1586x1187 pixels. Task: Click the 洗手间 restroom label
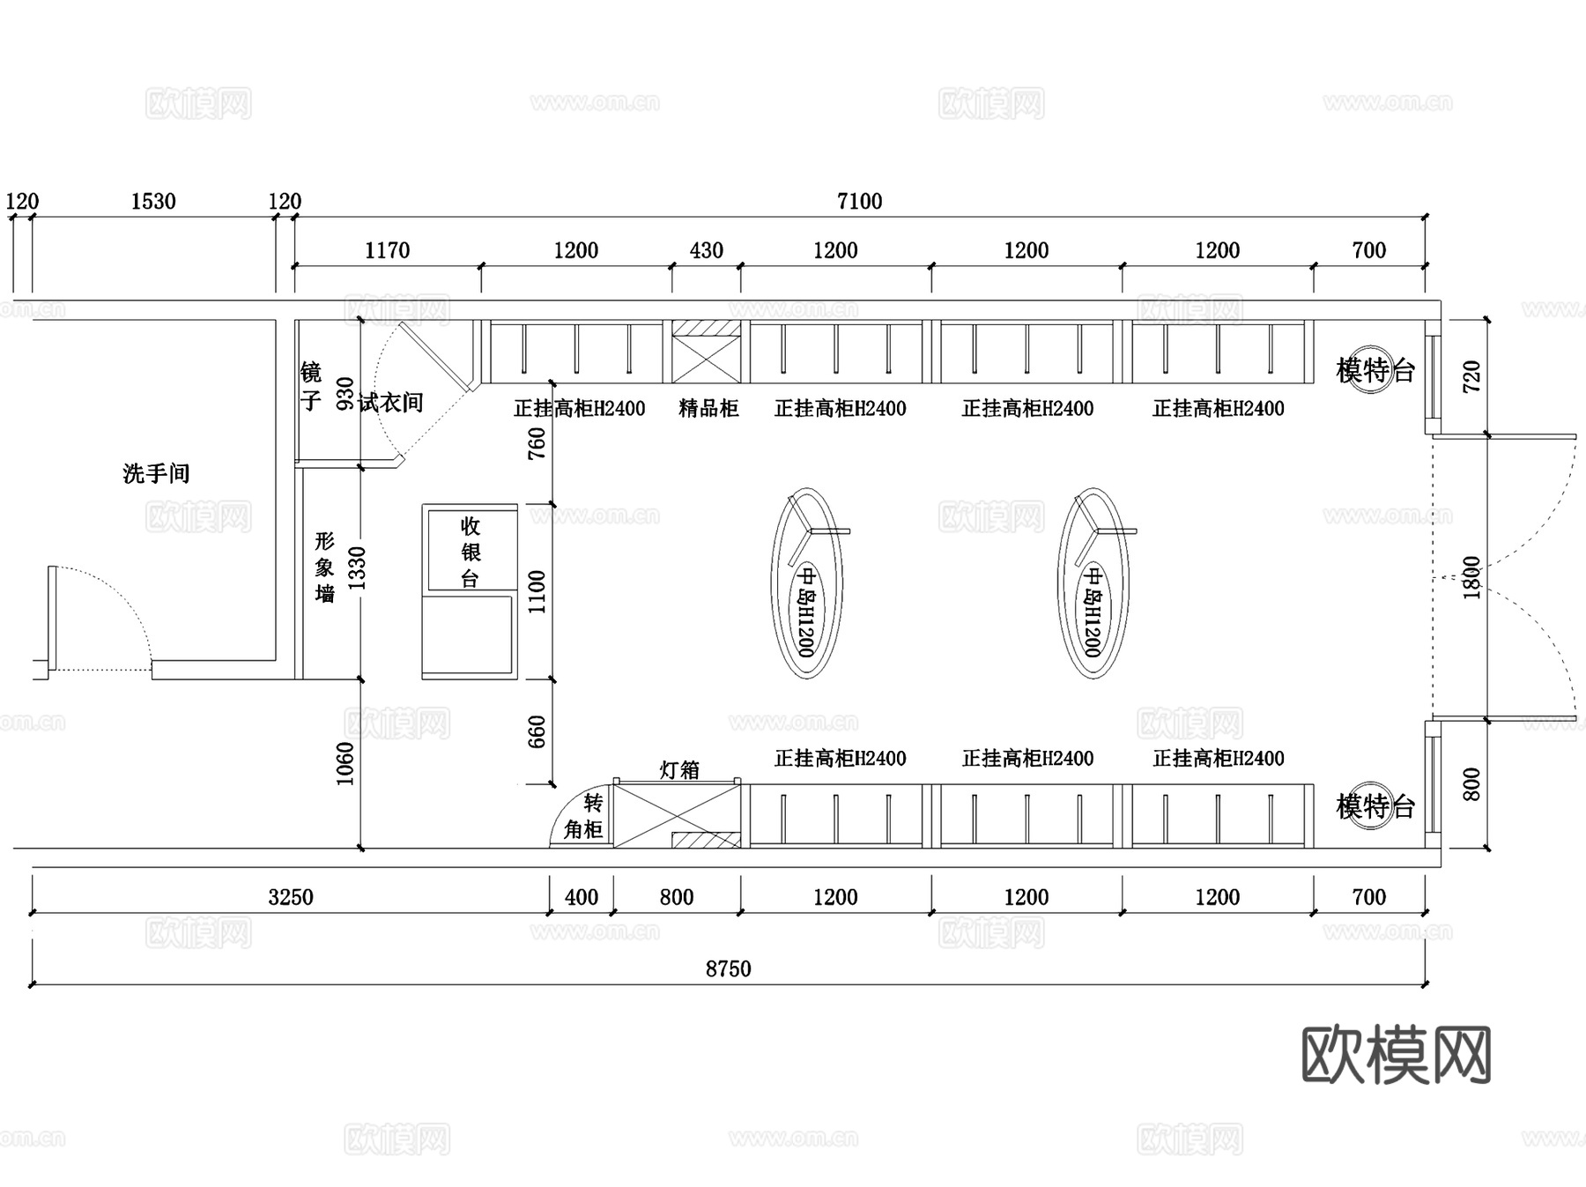pyautogui.click(x=156, y=473)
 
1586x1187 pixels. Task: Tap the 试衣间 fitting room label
pyautogui.click(x=390, y=403)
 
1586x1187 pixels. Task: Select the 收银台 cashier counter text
pyautogui.click(x=470, y=553)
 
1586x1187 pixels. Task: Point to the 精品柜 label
pyautogui.click(x=708, y=408)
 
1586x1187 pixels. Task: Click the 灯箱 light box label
pyautogui.click(x=679, y=769)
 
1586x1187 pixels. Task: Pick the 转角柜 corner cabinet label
pyautogui.click(x=584, y=816)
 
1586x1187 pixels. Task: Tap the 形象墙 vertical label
pyautogui.click(x=325, y=568)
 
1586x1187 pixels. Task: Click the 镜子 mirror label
pyautogui.click(x=310, y=386)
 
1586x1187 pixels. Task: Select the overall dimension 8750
pyautogui.click(x=728, y=968)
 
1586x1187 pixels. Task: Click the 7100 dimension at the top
pyautogui.click(x=859, y=202)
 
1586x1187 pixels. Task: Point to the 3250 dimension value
pyautogui.click(x=291, y=897)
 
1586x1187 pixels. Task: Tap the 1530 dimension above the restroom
pyautogui.click(x=153, y=202)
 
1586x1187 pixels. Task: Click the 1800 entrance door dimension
pyautogui.click(x=1471, y=577)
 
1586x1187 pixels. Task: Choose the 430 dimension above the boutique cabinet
pyautogui.click(x=706, y=251)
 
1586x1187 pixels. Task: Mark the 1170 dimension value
pyautogui.click(x=387, y=251)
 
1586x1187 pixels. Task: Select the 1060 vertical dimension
pyautogui.click(x=345, y=763)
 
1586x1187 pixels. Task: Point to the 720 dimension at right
pyautogui.click(x=1471, y=376)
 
